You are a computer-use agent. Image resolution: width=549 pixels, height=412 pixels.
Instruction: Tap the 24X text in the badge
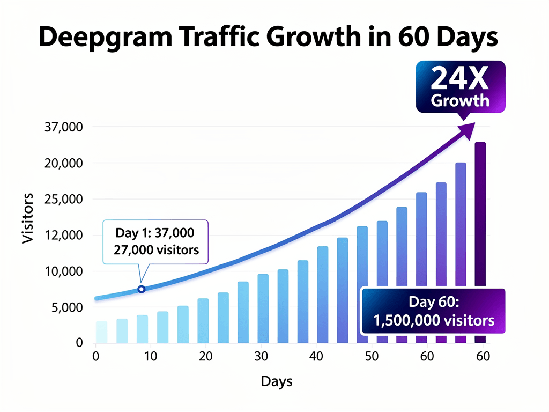click(459, 79)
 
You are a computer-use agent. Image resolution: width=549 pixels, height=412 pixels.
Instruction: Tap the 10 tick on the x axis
click(151, 356)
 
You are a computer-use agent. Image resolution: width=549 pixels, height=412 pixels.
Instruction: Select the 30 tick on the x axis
click(261, 356)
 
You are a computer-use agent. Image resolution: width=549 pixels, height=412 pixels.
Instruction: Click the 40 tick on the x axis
click(316, 356)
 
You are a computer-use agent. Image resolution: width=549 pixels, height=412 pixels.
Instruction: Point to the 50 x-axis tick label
click(371, 356)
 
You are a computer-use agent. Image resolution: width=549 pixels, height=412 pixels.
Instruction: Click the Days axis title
click(277, 381)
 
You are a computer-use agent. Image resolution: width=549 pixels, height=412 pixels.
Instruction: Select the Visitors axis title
click(28, 218)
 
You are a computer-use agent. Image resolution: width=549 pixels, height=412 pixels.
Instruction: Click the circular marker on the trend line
click(142, 289)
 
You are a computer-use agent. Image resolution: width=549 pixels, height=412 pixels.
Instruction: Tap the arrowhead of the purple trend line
click(468, 129)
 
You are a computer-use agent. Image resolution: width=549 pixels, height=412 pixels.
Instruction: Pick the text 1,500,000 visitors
click(433, 321)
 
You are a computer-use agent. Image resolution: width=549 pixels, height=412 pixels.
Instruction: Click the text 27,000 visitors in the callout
click(156, 249)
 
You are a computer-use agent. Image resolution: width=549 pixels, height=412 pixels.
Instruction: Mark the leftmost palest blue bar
click(101, 332)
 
